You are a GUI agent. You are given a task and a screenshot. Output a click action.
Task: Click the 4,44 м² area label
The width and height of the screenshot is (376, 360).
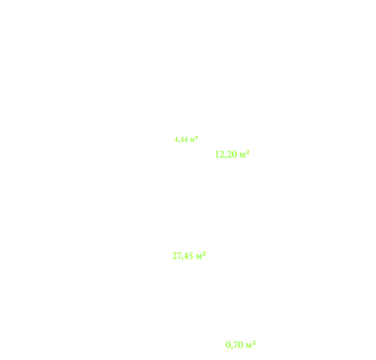pos(186,139)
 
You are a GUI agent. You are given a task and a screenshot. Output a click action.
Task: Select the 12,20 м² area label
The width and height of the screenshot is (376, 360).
pos(232,154)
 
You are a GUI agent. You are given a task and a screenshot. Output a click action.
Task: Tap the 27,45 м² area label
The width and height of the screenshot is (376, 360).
pos(189,256)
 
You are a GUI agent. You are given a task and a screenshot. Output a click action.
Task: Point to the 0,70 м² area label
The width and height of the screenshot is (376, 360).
pos(241,345)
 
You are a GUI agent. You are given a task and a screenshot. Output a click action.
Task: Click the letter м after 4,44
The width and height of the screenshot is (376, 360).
pos(192,140)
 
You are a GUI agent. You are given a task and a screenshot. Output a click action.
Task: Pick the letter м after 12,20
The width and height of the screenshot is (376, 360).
pos(243,155)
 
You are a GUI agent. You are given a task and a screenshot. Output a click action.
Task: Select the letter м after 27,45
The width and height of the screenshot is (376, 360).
pos(199,257)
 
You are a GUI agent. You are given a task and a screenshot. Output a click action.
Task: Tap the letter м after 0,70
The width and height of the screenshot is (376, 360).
pos(248,346)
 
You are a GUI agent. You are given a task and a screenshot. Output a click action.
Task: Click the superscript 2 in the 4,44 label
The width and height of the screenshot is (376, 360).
pos(196,137)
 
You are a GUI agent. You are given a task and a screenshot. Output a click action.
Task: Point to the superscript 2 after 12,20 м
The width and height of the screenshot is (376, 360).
pos(248,152)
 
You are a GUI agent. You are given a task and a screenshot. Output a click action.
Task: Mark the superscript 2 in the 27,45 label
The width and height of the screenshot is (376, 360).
pos(204,253)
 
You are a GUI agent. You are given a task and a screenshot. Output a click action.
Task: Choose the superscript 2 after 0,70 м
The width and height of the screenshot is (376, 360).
pos(254,342)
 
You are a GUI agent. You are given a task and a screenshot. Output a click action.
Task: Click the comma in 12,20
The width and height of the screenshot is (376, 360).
pos(225,158)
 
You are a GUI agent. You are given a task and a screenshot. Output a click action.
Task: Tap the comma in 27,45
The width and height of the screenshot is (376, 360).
pos(182,259)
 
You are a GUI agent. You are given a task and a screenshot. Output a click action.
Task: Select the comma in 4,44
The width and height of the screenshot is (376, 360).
pos(178,142)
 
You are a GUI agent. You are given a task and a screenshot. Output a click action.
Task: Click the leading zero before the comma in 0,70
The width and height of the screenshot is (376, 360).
pos(228,345)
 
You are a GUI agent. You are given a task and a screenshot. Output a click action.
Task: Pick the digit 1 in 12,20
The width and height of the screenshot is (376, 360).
pos(217,154)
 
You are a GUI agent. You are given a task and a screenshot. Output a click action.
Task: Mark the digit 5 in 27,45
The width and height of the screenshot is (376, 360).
pos(191,256)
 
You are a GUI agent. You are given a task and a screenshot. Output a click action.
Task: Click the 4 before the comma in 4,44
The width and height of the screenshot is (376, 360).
pos(175,139)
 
